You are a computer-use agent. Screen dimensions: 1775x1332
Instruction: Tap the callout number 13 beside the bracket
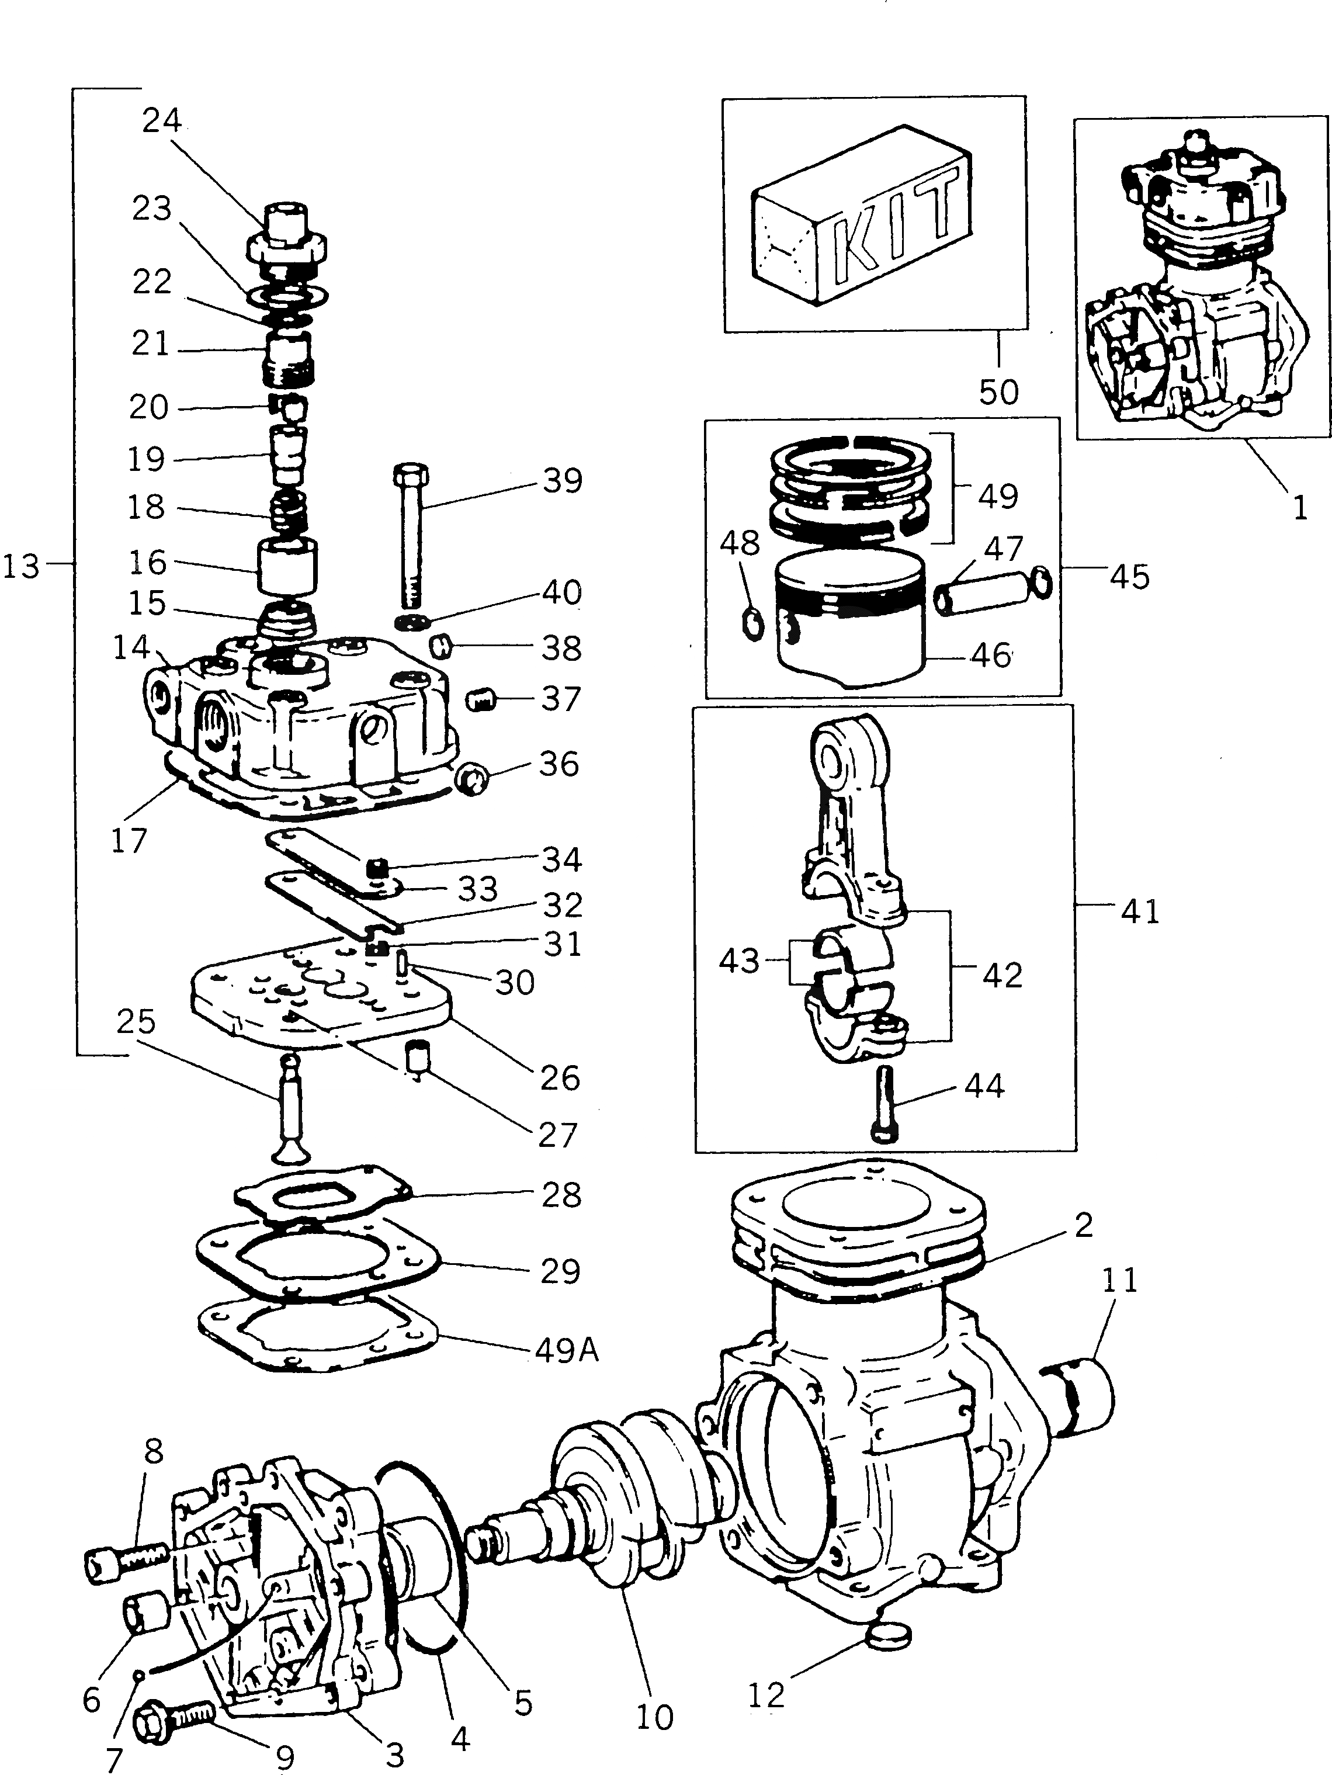tap(21, 567)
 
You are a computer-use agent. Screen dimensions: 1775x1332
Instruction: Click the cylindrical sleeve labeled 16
tap(286, 567)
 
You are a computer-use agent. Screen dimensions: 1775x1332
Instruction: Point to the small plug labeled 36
tap(470, 778)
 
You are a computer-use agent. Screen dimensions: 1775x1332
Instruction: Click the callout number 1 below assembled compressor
tap(1299, 507)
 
